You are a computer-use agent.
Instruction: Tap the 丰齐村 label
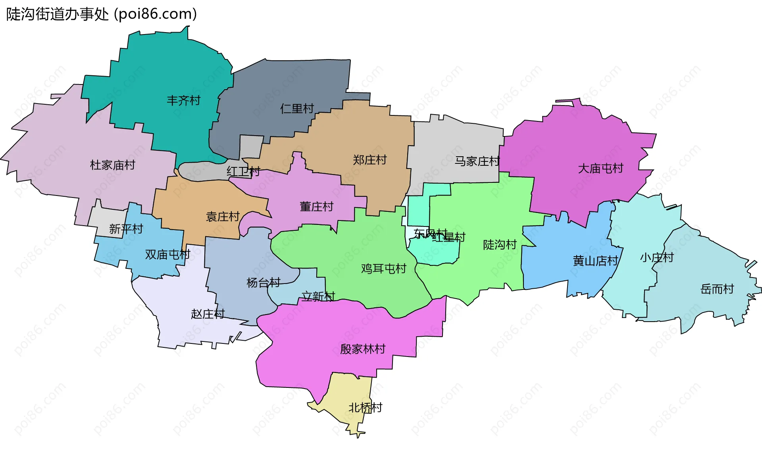183,100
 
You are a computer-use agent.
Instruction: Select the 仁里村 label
297,108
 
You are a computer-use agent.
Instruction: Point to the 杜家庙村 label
112,165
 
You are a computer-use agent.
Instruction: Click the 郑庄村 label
369,160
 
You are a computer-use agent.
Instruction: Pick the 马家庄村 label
477,161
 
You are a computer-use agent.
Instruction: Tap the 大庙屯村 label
600,169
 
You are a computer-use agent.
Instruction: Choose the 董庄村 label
316,207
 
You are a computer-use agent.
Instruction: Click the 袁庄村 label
223,217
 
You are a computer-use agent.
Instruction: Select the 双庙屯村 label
167,254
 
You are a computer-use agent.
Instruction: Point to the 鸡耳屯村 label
383,268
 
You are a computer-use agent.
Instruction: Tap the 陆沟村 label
500,245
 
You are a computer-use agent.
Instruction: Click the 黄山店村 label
595,261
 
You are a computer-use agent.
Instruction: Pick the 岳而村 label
717,289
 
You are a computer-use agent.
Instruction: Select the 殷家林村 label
363,349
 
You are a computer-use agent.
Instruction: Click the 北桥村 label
365,407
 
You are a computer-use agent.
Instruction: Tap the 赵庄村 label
208,314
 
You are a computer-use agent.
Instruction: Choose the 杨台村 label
263,282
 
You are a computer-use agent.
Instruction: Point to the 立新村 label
318,296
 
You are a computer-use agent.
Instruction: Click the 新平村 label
126,229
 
